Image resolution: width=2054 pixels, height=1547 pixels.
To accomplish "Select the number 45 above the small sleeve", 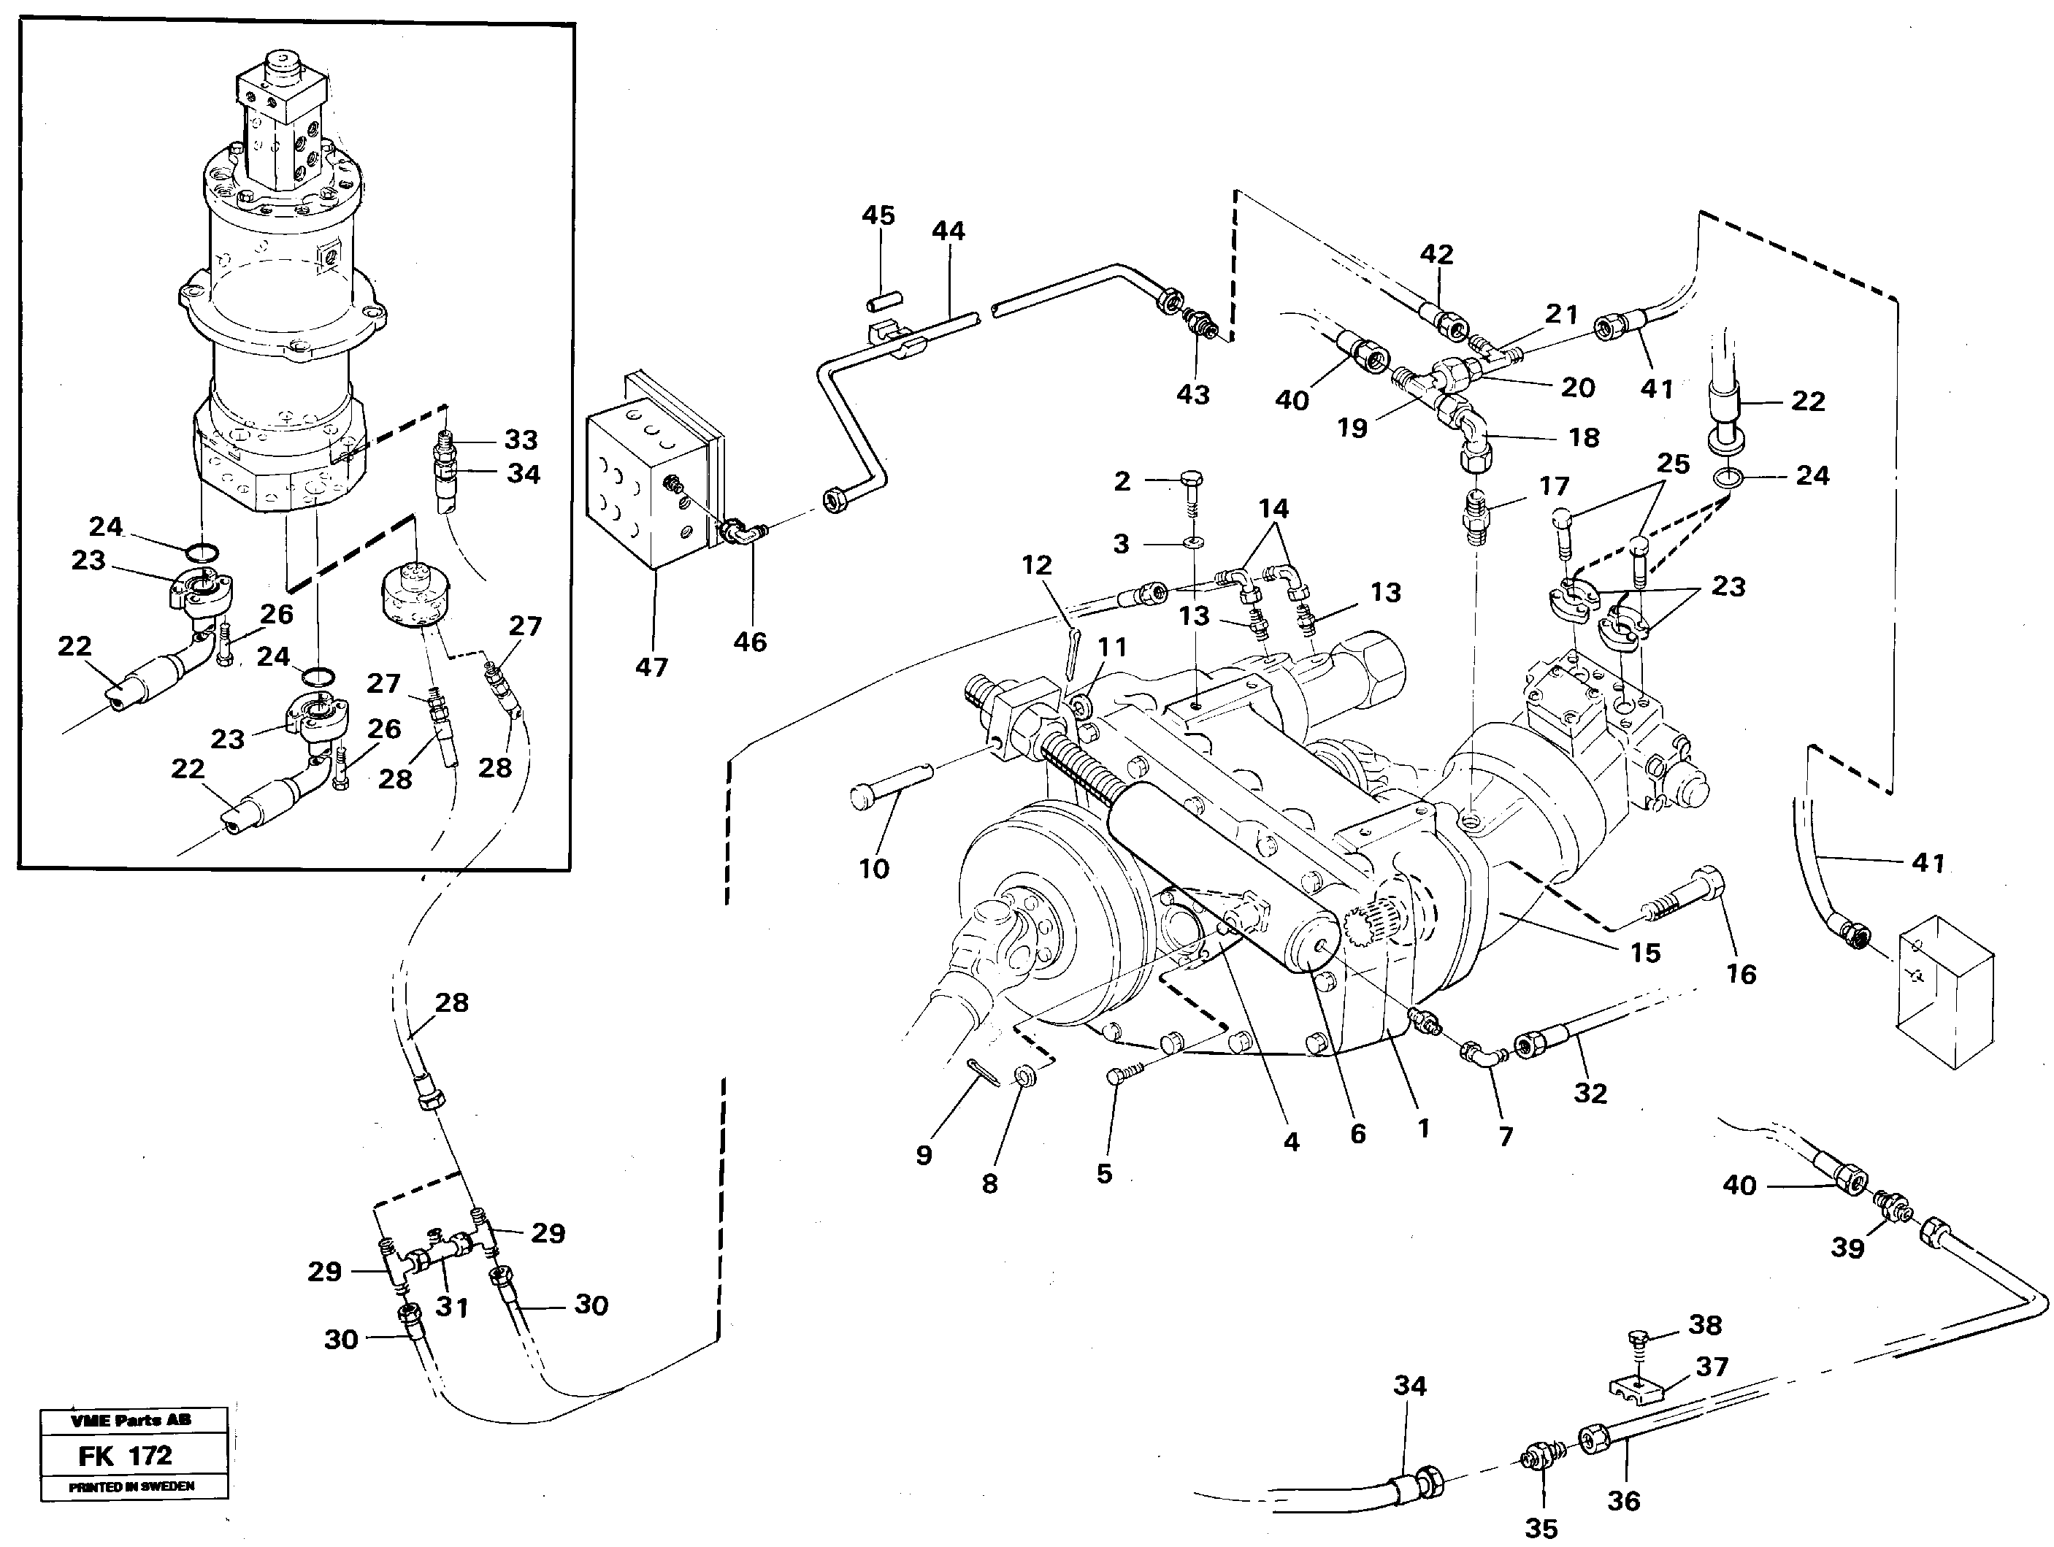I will click(x=878, y=215).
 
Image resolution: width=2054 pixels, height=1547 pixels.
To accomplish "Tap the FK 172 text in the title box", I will click(x=126, y=1456).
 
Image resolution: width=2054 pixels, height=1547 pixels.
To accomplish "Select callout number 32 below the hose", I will click(x=1590, y=1093).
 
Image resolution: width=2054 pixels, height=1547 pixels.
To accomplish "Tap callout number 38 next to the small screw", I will click(x=1705, y=1325).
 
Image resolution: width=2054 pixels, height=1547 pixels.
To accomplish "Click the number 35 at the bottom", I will click(x=1541, y=1527).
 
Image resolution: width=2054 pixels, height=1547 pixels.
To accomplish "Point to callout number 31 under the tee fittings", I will click(x=452, y=1307).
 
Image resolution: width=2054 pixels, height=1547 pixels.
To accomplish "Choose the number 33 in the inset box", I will click(x=521, y=439).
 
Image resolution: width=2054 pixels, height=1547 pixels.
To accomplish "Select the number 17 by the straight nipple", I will click(x=1554, y=485).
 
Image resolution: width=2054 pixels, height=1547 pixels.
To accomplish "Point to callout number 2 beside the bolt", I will click(x=1122, y=481).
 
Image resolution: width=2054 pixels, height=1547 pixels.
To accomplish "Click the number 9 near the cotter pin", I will click(x=923, y=1154).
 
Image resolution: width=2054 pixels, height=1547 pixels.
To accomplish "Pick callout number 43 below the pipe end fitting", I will click(x=1192, y=395).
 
